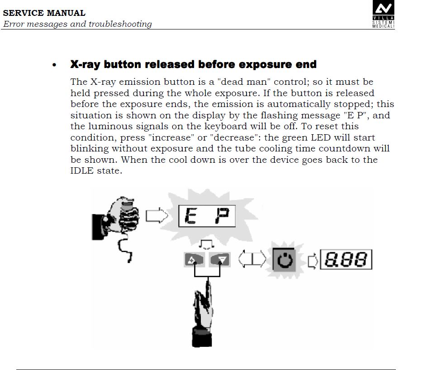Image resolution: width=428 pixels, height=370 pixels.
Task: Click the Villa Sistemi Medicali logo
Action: point(383,14)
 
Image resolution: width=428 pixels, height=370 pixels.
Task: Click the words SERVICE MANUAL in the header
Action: point(44,13)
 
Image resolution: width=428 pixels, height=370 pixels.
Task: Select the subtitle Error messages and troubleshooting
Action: point(77,24)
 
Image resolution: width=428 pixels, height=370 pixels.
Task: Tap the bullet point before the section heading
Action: point(54,65)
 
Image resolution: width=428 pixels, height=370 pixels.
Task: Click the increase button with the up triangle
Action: point(194,259)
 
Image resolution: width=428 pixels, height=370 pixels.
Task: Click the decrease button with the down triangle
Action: point(220,259)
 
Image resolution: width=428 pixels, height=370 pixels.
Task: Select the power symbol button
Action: point(285,259)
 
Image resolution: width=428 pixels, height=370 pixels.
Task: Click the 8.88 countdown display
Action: point(346,259)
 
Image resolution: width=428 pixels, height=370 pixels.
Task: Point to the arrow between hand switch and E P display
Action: point(157,215)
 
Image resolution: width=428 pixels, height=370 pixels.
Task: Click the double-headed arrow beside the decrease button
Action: point(252,259)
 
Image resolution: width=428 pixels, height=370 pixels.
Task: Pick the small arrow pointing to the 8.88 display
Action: point(313,261)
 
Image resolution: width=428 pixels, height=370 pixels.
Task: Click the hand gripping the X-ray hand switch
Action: point(116,219)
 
